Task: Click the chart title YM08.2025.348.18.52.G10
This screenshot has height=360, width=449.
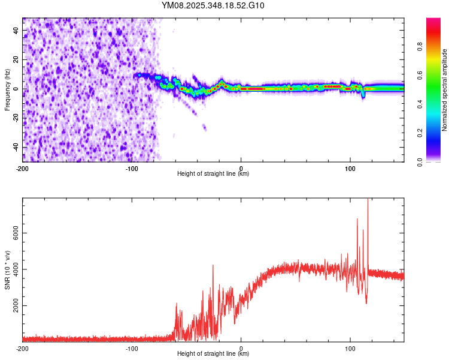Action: coord(213,5)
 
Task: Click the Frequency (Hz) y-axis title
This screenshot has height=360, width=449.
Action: coord(7,89)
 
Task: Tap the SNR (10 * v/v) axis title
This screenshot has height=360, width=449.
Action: coord(7,270)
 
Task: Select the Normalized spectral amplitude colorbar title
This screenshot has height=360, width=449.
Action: coord(445,90)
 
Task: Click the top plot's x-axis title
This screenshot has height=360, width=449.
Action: coord(213,173)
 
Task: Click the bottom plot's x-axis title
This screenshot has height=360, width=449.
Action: coord(213,353)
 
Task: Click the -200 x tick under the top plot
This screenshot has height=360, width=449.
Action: coord(23,167)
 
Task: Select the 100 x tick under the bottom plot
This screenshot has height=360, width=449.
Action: coord(350,348)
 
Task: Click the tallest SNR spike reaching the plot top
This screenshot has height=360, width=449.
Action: coord(368,202)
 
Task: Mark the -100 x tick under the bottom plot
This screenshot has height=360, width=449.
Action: coord(132,348)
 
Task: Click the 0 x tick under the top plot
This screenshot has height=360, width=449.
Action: coord(241,167)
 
